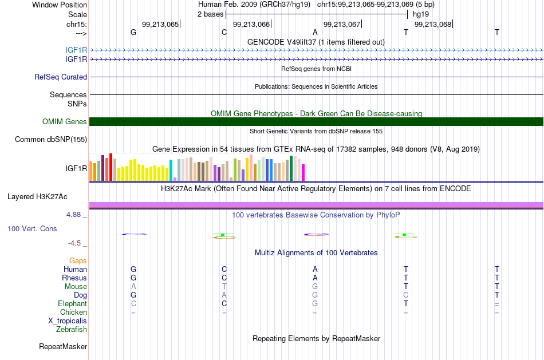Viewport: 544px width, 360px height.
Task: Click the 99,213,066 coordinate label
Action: pos(251,24)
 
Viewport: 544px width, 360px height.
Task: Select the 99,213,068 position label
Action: pos(433,24)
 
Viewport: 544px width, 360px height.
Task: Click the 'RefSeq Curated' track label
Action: pos(61,77)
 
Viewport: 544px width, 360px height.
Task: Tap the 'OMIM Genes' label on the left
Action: pos(65,122)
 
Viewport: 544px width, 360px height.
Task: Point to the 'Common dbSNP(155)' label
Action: pos(51,140)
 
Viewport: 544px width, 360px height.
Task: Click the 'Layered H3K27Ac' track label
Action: pos(37,197)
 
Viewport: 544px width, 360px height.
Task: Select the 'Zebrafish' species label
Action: pos(72,330)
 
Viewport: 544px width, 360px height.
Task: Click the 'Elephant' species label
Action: pos(73,304)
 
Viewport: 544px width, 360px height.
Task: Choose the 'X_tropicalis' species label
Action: pos(68,321)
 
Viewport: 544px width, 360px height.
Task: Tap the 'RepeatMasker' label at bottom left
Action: pos(63,346)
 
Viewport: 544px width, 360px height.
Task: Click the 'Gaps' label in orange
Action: pos(78,261)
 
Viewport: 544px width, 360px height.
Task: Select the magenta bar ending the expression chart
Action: pos(303,173)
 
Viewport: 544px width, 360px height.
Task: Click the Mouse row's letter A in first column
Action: pos(133,287)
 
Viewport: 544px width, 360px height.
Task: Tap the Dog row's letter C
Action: pos(406,295)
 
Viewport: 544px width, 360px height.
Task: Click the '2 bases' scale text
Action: pos(211,14)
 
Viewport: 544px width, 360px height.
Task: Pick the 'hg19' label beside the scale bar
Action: pos(421,14)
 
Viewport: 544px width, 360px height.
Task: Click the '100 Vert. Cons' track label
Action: pos(32,229)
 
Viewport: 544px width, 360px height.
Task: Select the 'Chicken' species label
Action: pos(73,312)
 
